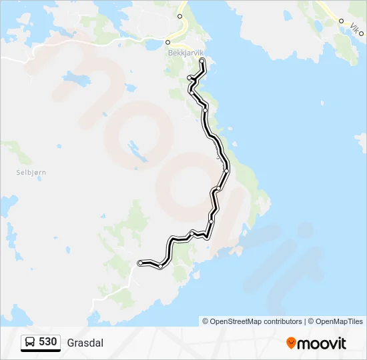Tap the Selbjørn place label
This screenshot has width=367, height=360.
point(31,172)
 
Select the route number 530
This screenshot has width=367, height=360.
point(47,342)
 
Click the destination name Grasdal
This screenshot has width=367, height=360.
point(85,343)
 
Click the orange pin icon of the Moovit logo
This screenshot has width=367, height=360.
point(291,343)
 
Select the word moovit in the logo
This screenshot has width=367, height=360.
point(322,343)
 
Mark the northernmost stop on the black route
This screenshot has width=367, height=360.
point(202,61)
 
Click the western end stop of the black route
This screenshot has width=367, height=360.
point(140,263)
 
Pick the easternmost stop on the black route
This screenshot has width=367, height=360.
point(227,171)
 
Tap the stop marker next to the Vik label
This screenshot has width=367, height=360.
point(341,21)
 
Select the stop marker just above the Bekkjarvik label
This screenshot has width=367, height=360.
point(168,41)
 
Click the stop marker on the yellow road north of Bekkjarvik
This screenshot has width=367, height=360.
point(179,16)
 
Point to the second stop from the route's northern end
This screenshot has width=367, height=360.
point(190,78)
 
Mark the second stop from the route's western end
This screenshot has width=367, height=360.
point(161,266)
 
